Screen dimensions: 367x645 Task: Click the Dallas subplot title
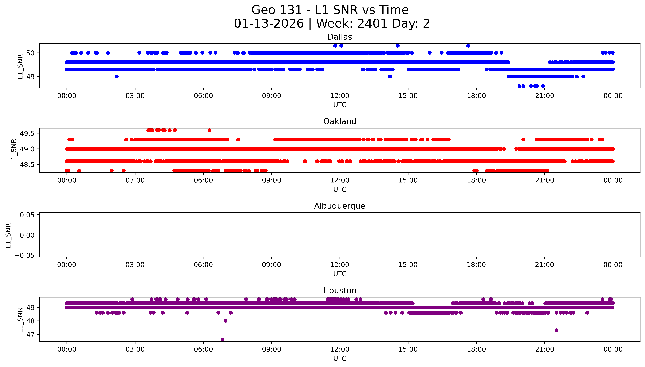[x=340, y=37]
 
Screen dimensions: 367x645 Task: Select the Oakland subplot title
[x=340, y=121]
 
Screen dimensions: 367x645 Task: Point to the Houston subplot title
[x=340, y=291]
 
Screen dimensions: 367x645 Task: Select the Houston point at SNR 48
[x=226, y=321]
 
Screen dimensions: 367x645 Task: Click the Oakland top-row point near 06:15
[x=209, y=130]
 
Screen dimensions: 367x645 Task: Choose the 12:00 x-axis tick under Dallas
[x=340, y=96]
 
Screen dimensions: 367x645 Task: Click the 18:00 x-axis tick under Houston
[x=476, y=349]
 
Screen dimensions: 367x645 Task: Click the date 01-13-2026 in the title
[x=269, y=24]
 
